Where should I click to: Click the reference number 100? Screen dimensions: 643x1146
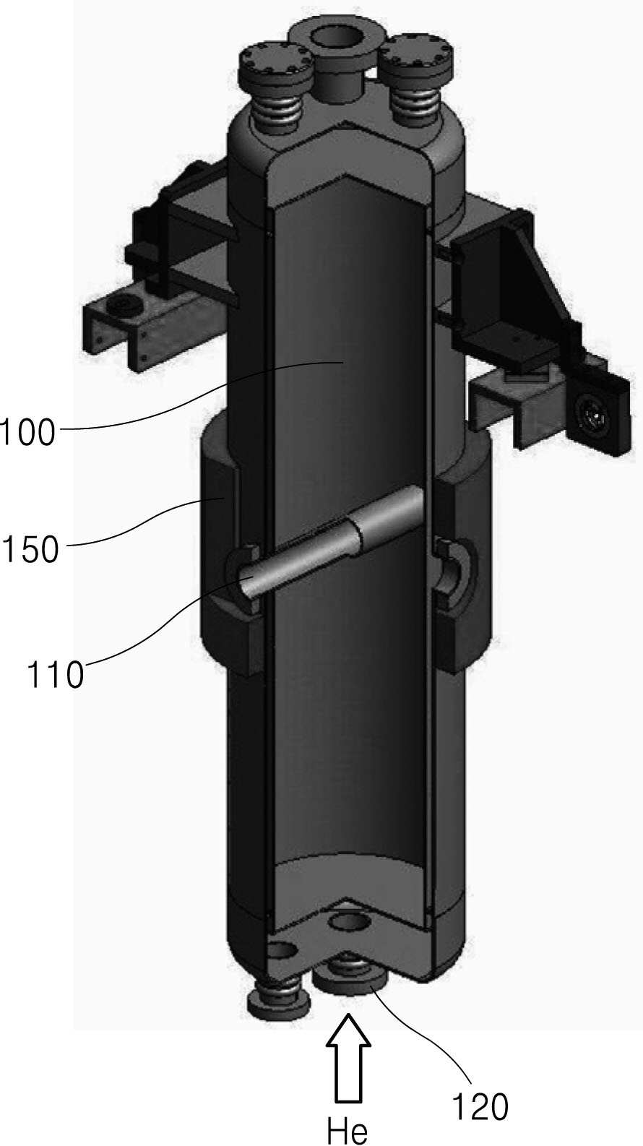click(x=28, y=432)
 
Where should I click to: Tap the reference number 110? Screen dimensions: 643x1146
click(x=55, y=674)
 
